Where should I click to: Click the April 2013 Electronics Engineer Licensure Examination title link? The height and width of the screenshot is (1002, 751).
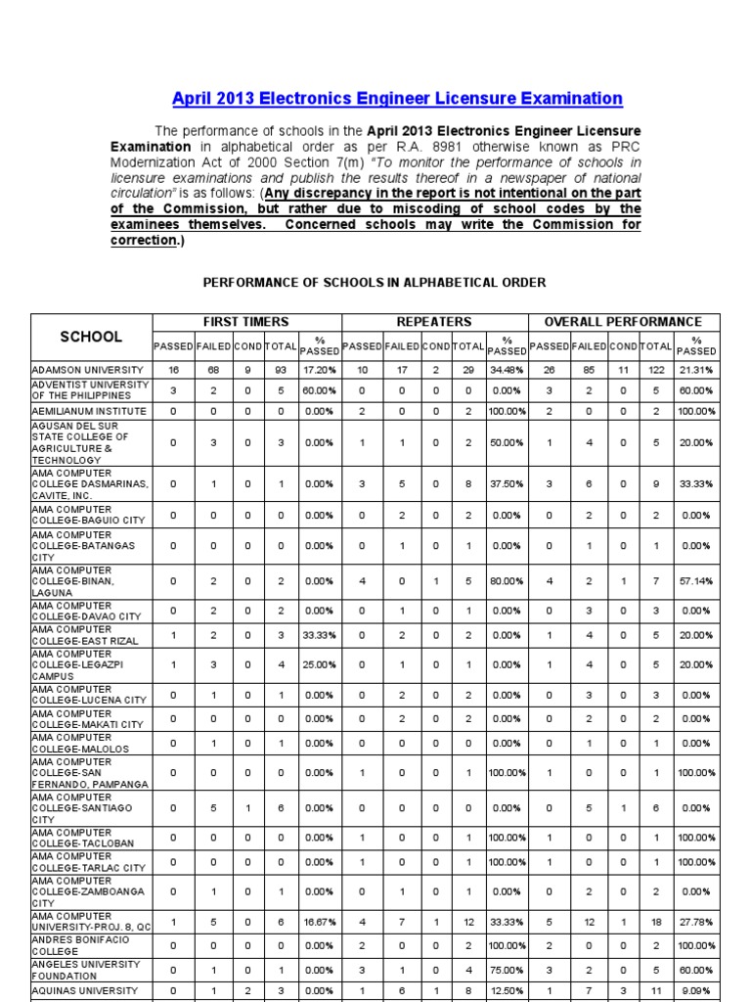pyautogui.click(x=397, y=99)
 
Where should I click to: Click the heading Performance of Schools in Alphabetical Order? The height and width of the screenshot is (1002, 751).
pyautogui.click(x=374, y=283)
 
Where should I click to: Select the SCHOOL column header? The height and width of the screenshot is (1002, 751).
pyautogui.click(x=91, y=337)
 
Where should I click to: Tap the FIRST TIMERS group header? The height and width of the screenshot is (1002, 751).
pyautogui.click(x=245, y=322)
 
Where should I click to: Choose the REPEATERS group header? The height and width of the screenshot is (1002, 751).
pyautogui.click(x=434, y=322)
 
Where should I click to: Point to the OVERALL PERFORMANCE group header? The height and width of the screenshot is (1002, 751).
pyautogui.click(x=623, y=322)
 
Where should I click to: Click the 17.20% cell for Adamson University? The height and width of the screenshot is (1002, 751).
pyautogui.click(x=320, y=370)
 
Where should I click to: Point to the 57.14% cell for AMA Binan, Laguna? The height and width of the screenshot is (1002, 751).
pyautogui.click(x=696, y=581)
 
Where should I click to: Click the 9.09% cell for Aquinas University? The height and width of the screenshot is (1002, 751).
pyautogui.click(x=696, y=991)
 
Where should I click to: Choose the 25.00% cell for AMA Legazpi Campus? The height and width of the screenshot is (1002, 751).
pyautogui.click(x=320, y=664)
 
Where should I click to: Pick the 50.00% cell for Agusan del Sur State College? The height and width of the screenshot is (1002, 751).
pyautogui.click(x=508, y=443)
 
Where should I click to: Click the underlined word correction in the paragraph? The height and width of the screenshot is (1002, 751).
pyautogui.click(x=143, y=239)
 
